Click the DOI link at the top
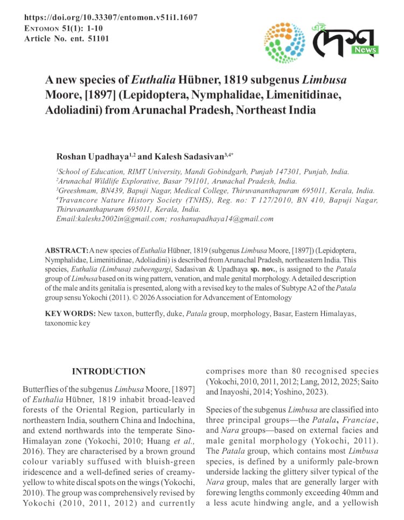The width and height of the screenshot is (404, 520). click(111, 18)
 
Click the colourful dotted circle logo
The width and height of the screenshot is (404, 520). click(285, 43)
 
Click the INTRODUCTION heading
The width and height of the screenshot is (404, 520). click(108, 371)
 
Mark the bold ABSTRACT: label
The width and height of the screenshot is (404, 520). click(67, 251)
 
